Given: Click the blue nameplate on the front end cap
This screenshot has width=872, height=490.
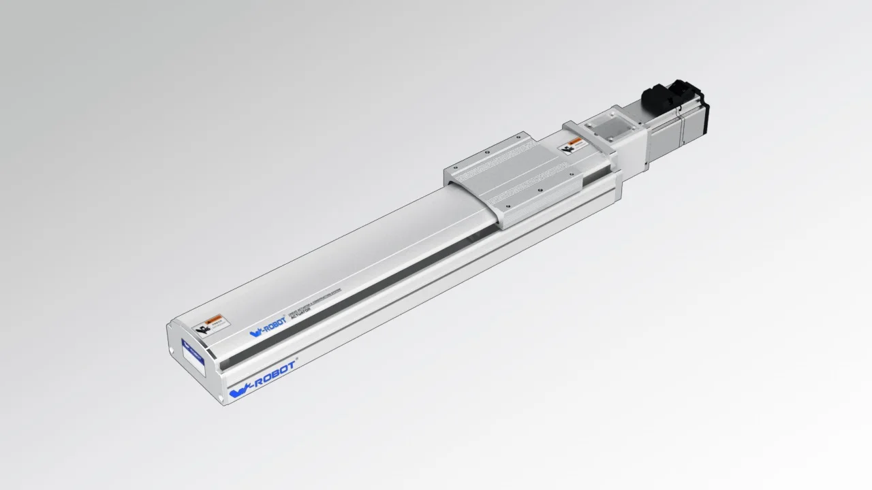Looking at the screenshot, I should [x=193, y=357].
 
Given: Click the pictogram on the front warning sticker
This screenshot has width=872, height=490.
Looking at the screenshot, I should [x=201, y=329].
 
